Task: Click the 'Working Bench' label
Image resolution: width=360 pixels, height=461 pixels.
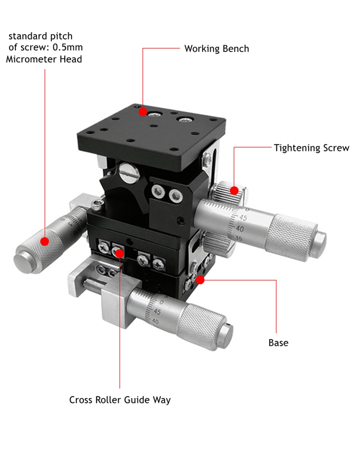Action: pos(216,49)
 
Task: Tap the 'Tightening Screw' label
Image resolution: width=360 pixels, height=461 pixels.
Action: pos(311,148)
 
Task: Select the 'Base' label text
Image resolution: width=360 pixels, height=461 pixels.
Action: pos(278,343)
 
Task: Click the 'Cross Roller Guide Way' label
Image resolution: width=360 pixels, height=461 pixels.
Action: pos(120,400)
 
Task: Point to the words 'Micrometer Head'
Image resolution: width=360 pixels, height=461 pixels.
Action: pos(44,59)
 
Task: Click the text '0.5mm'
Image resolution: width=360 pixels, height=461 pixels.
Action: pos(68,47)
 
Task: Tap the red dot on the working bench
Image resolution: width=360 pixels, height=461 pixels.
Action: pos(143,112)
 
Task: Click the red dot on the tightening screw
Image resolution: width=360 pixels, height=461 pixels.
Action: pos(234,191)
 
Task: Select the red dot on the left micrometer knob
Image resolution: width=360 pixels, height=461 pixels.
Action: pos(45,241)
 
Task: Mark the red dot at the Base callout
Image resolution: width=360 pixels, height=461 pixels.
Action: pos(200,280)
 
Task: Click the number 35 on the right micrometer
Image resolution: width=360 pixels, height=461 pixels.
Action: pos(239,238)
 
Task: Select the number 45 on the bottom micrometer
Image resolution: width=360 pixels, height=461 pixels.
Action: pos(157,312)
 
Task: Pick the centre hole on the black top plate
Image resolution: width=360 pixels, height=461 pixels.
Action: pos(154,126)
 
